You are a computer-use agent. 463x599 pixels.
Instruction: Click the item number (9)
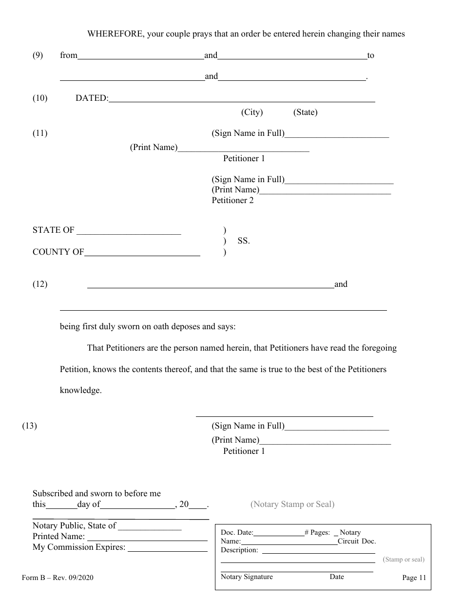38,56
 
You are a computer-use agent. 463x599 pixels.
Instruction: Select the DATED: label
92,98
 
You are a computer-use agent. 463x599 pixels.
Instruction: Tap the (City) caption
252,112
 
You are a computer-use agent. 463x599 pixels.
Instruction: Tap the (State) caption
305,112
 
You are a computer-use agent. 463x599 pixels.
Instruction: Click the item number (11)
40,133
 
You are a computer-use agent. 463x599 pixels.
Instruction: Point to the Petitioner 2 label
232,200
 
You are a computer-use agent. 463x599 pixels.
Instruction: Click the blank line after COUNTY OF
142,253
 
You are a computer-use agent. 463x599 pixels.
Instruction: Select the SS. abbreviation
244,241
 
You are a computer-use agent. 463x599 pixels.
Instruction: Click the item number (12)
40,284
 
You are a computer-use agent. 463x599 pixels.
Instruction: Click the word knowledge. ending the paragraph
80,391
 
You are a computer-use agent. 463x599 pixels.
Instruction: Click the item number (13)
29,426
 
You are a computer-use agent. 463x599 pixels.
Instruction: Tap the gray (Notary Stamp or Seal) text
292,505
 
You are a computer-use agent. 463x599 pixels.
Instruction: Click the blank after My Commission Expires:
168,548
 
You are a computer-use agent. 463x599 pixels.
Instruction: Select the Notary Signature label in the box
247,577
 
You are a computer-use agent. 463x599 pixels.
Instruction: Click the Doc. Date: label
237,533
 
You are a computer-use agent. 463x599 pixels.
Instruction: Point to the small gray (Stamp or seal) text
404,560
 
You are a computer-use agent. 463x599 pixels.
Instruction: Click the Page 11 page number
414,578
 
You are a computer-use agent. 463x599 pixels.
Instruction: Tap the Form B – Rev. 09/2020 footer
58,578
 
